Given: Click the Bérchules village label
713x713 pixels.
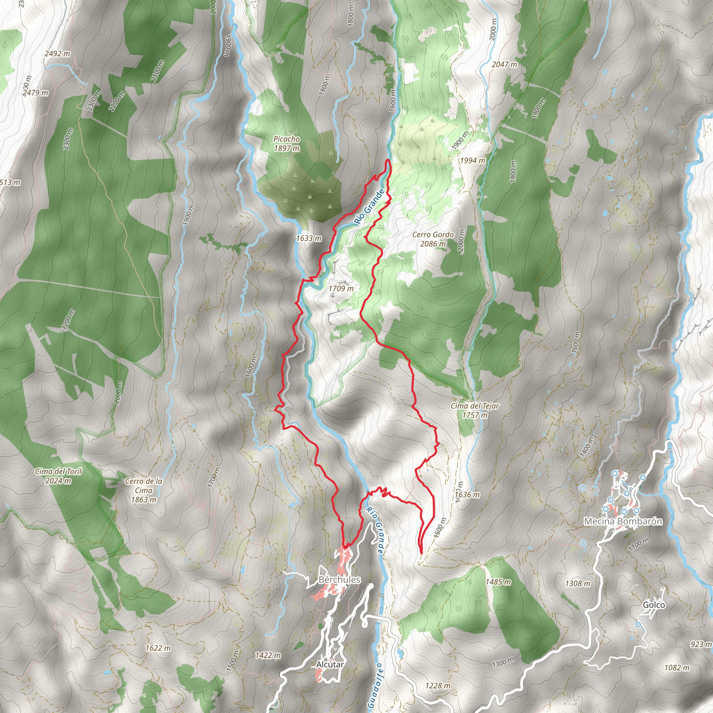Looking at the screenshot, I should (x=339, y=579).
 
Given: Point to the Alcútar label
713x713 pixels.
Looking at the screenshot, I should (x=330, y=664).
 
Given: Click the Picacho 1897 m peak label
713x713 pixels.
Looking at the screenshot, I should (x=287, y=144).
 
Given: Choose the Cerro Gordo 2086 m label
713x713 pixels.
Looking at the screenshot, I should (x=433, y=239).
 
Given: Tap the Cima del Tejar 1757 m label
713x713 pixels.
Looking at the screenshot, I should (x=475, y=410).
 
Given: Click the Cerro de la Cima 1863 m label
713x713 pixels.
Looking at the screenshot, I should (x=143, y=491).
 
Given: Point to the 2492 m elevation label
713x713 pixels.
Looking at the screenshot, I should (x=57, y=54).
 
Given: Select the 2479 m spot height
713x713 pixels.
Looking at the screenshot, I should (x=36, y=93).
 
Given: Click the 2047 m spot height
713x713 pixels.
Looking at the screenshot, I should (x=504, y=65).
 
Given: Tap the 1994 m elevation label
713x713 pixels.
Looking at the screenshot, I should (x=472, y=160).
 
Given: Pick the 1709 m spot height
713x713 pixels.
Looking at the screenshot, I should (x=341, y=289).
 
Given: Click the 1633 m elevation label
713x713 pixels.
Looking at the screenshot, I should (x=308, y=238).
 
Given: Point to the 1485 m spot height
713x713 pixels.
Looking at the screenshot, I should (x=498, y=582).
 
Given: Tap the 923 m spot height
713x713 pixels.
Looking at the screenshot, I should (x=701, y=644).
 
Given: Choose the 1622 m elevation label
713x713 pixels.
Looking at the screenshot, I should (x=158, y=648).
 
